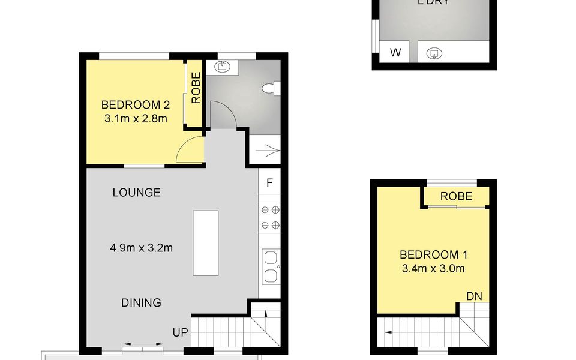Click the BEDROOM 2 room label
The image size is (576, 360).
coord(135,104)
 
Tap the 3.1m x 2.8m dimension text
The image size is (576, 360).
coord(135,118)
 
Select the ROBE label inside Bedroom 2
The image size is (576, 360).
coord(195,88)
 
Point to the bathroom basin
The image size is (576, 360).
coord(223,67)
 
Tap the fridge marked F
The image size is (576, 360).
coord(269,182)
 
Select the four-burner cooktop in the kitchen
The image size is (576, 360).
coord(269,218)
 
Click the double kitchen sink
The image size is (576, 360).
coord(270,267)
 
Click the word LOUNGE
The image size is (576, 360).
coord(137,193)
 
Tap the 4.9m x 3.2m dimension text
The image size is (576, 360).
coord(142,247)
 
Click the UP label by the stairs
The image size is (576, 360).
coord(180,332)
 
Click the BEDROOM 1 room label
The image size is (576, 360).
coord(432,254)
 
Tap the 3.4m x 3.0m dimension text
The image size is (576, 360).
coord(432,268)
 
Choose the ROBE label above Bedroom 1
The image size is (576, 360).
coord(456,196)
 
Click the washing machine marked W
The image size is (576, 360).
coord(395,52)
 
